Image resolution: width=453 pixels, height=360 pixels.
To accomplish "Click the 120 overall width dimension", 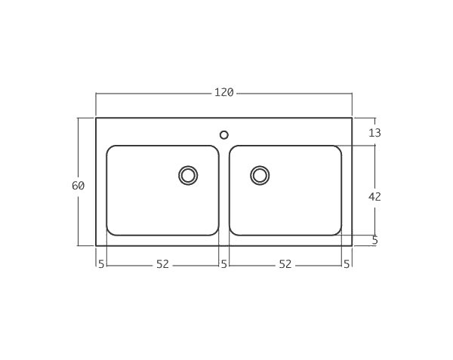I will [x=223, y=93].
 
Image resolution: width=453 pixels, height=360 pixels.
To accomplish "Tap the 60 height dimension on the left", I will [x=79, y=186].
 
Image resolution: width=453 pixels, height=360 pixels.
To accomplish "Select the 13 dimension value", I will [x=374, y=133].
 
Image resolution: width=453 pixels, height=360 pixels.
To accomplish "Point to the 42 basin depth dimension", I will [x=374, y=196].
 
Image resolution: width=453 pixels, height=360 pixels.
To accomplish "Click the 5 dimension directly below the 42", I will [x=374, y=241].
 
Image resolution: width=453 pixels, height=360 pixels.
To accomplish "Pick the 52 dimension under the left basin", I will [x=162, y=264].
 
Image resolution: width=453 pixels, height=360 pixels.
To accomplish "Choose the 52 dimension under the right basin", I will [x=285, y=264].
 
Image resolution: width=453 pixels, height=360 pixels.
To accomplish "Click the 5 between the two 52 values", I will [x=223, y=264].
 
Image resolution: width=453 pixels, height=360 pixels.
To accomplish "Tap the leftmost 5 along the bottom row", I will [x=100, y=264].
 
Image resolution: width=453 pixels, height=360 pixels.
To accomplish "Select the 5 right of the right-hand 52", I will [x=347, y=264].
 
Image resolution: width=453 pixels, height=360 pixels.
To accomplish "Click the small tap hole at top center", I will [x=223, y=135].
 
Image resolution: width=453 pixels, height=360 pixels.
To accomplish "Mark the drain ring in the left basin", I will [x=188, y=175].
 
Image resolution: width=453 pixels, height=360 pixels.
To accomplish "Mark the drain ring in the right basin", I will [x=260, y=175].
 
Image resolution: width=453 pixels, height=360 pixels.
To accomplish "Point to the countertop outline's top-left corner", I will [x=96, y=118].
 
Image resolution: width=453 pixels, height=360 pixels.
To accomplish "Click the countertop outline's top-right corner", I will [x=352, y=118].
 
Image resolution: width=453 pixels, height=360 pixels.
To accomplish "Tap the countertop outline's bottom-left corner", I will [x=96, y=245].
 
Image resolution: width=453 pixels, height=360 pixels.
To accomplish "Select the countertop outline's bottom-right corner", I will [x=352, y=245].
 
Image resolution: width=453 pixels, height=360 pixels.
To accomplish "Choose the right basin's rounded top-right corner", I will [x=338, y=149].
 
